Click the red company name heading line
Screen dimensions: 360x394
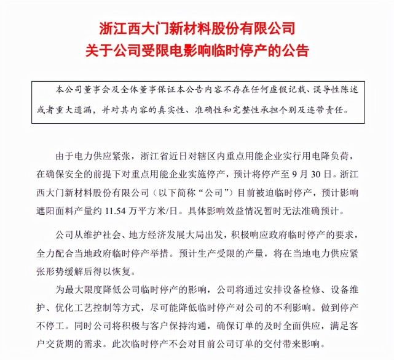click(x=197, y=28)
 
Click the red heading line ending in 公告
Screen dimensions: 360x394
click(x=197, y=50)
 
